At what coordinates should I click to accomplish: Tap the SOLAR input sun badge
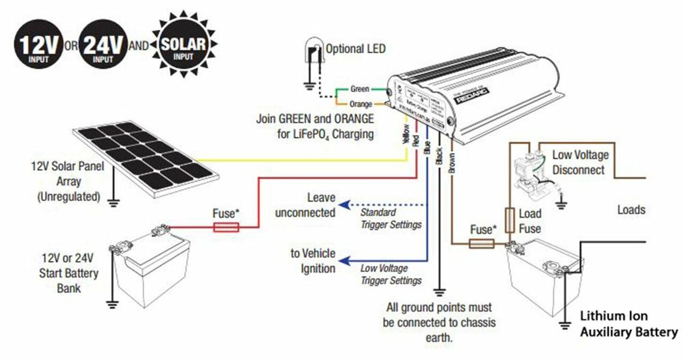point(183,46)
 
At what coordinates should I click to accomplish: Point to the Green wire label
point(360,89)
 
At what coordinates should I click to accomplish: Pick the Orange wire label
point(361,103)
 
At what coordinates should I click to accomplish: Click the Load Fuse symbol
point(510,220)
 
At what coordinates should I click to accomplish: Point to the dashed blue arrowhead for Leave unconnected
point(346,205)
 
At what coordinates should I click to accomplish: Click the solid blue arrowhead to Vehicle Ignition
point(346,261)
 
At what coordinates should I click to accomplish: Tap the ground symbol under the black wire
point(439,292)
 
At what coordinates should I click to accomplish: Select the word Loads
point(631,210)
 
